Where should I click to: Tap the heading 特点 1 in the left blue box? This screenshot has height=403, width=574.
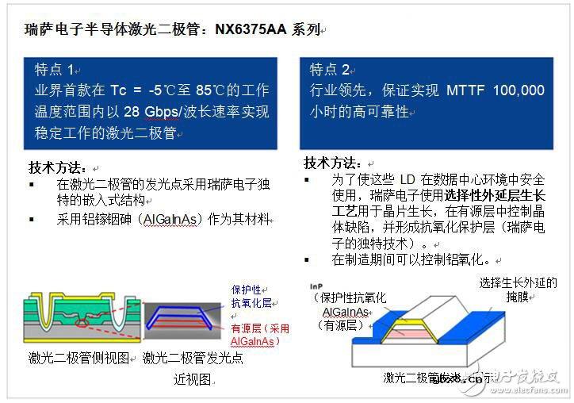54,69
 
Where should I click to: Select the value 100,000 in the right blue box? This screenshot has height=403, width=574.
519,90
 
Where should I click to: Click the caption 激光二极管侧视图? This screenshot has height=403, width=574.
78,359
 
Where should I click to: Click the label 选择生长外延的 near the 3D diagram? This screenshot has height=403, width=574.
519,283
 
